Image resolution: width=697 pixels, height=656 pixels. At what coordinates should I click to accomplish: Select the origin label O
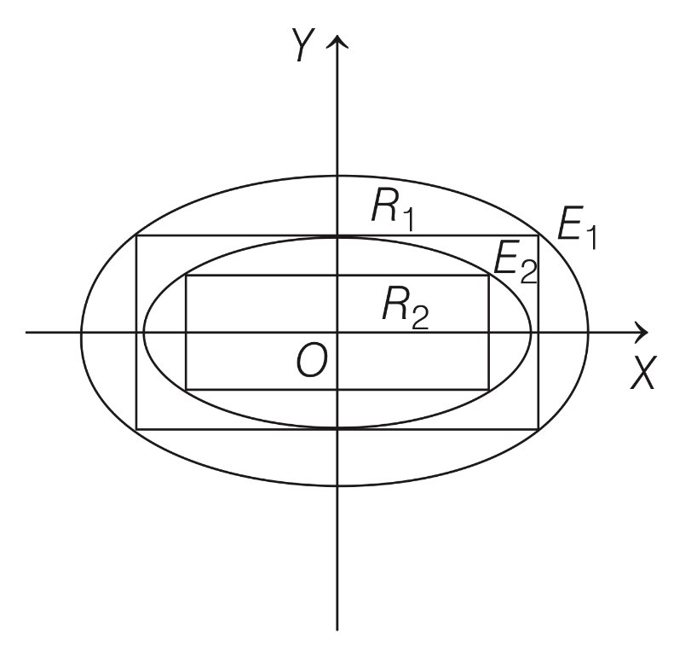[x=311, y=362]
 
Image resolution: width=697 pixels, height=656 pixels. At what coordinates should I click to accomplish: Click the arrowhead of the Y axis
[x=339, y=40]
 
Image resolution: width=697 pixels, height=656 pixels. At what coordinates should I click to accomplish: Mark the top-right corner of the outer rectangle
[x=539, y=235]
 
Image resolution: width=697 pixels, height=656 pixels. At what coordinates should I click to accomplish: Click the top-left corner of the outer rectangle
[x=137, y=235]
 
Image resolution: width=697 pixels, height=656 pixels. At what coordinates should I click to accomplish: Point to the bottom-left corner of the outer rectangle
[x=137, y=428]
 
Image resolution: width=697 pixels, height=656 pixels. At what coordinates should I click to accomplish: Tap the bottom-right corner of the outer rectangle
[x=539, y=428]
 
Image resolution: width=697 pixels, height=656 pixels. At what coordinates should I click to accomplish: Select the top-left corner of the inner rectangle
[x=186, y=276]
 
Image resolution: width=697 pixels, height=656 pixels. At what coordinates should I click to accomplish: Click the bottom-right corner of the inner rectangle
[x=489, y=389]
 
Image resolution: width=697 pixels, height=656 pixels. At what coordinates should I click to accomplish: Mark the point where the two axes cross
[x=339, y=331]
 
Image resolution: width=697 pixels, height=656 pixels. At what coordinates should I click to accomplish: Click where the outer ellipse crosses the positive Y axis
[x=339, y=175]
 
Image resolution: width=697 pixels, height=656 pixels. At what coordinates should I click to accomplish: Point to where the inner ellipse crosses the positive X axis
[x=532, y=331]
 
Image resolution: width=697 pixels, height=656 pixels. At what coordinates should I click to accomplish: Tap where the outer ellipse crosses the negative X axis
[x=81, y=331]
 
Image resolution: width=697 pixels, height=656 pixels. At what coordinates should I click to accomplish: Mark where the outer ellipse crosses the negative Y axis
[x=339, y=485]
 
